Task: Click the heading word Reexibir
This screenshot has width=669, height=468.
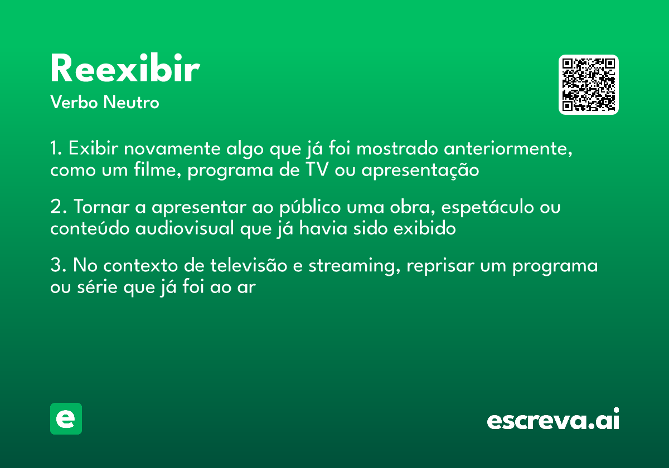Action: (x=125, y=70)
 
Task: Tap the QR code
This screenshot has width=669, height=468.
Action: (x=589, y=85)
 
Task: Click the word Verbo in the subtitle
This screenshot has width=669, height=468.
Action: (x=73, y=103)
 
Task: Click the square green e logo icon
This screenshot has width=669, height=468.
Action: (x=66, y=418)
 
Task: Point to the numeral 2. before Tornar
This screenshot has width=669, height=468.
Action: (x=57, y=207)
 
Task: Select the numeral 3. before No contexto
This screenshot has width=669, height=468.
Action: (x=57, y=266)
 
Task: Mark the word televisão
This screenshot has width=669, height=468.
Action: (x=248, y=266)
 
